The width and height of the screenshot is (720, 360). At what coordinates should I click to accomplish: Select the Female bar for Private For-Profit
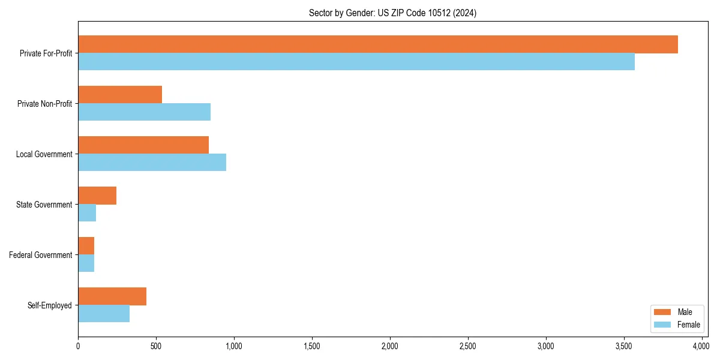[356, 62]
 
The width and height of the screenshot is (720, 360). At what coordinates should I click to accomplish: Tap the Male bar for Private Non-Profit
[120, 95]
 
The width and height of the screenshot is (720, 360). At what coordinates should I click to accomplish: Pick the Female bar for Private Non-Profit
[144, 112]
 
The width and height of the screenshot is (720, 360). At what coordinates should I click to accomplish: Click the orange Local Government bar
[143, 145]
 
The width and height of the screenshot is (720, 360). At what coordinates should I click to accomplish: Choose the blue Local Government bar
[152, 163]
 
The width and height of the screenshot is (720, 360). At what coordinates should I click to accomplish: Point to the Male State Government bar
[97, 196]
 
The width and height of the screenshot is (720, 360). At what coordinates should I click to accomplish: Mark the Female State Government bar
[87, 213]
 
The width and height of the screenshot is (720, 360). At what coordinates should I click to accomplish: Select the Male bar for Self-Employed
[112, 296]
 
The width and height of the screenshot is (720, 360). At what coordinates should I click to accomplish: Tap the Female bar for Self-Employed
[104, 314]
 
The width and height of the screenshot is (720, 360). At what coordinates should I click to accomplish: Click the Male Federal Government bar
[86, 246]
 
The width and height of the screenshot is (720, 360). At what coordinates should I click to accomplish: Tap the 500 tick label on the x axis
[156, 346]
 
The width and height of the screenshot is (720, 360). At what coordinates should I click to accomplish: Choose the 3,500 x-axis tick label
[624, 346]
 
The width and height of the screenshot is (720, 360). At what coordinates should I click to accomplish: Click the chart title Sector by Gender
[392, 13]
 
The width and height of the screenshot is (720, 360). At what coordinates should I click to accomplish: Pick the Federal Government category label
[41, 255]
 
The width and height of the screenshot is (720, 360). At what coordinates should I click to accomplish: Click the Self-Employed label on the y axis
[50, 305]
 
